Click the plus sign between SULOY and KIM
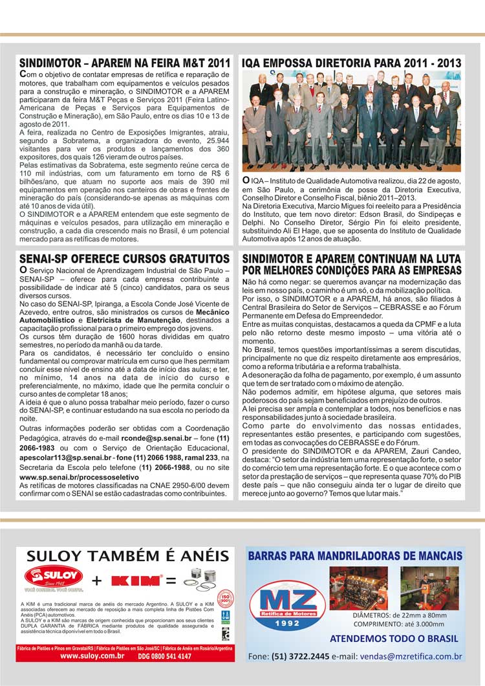(97, 580)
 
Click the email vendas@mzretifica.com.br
(409, 656)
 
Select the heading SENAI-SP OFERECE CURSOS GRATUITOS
(125, 260)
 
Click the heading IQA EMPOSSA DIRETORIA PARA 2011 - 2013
(351, 63)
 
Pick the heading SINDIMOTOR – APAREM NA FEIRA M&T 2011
(125, 63)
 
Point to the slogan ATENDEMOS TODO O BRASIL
(394, 639)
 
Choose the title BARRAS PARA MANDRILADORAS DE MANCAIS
(354, 556)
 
